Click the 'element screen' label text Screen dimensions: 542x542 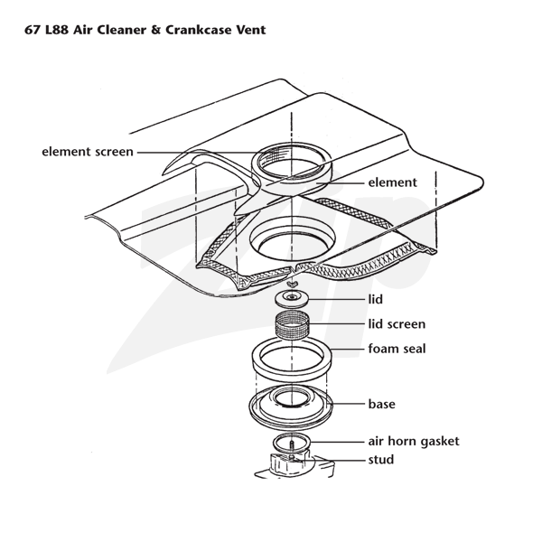(x=88, y=152)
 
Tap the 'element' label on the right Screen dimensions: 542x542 (x=392, y=182)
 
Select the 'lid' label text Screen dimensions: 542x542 (x=376, y=299)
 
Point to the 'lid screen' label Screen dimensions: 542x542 (x=397, y=324)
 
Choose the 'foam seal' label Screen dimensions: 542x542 (x=397, y=349)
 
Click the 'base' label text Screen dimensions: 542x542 (x=381, y=404)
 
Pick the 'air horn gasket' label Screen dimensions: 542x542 (x=414, y=442)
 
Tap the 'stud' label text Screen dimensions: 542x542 (x=381, y=460)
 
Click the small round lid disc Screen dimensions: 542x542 (x=292, y=298)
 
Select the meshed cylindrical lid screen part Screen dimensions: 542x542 (x=292, y=325)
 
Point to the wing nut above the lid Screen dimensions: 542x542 (x=292, y=285)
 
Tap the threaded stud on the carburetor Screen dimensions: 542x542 (x=292, y=449)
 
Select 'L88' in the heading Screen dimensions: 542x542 (x=57, y=30)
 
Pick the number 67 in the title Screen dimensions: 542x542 (x=33, y=30)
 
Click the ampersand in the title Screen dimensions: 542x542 (x=156, y=30)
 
